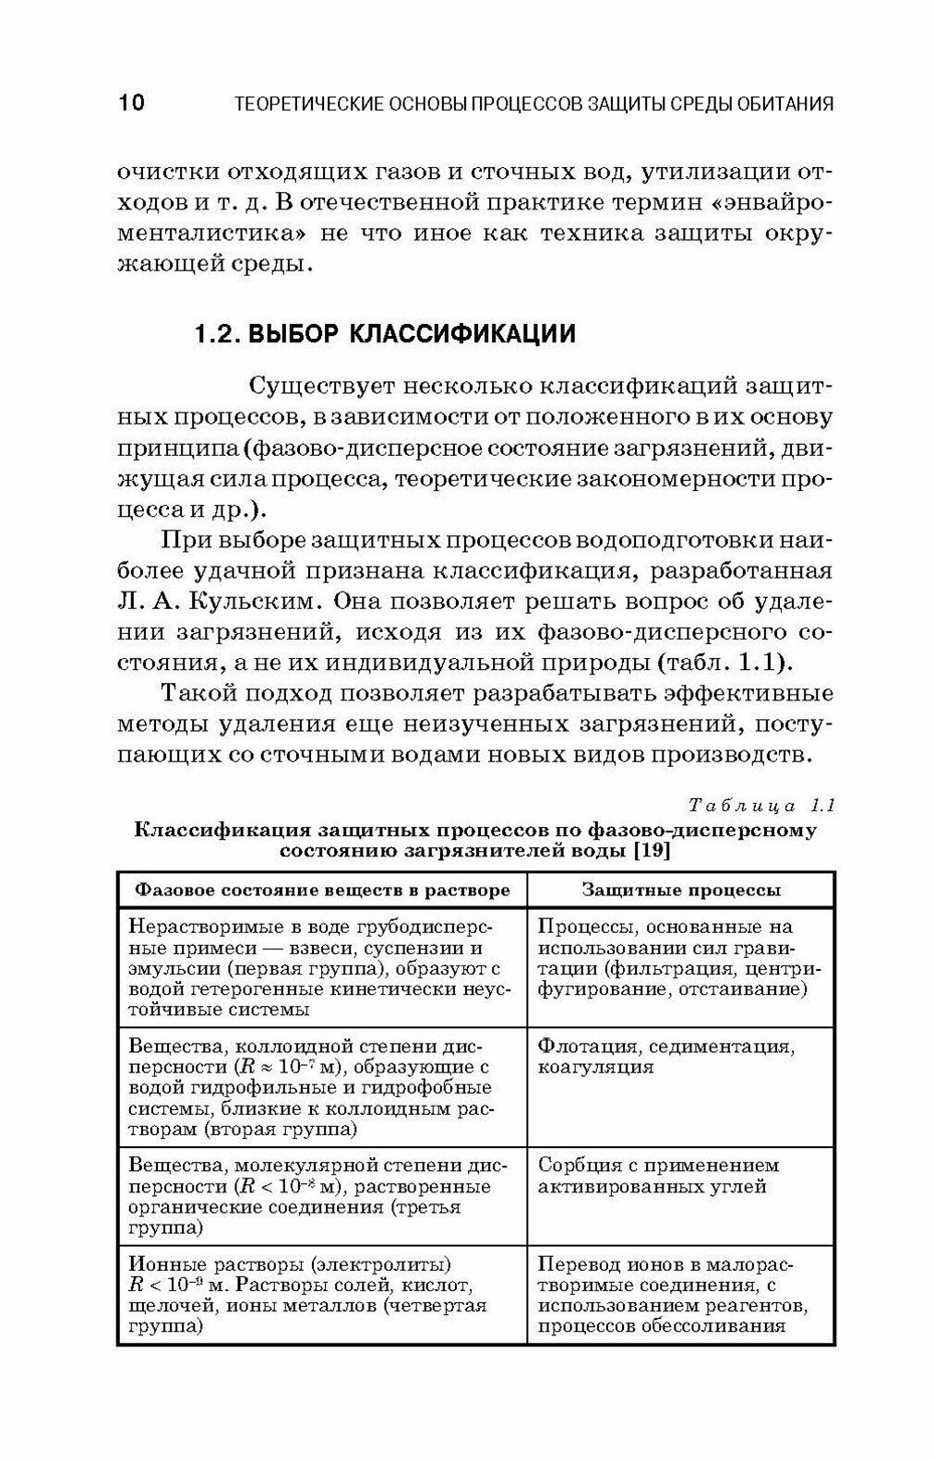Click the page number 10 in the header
(x=131, y=102)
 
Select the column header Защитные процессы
(x=681, y=891)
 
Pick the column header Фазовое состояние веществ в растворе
(x=322, y=891)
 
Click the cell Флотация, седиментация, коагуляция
(x=665, y=1057)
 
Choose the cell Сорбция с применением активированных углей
(x=658, y=1177)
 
